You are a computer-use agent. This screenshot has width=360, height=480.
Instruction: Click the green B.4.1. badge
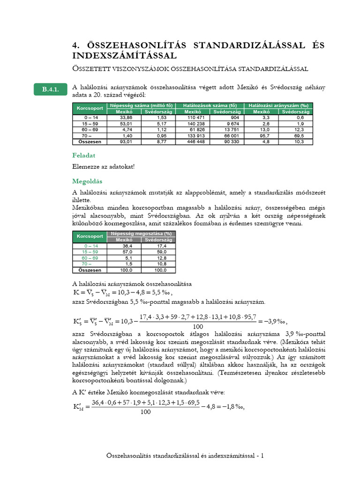50,90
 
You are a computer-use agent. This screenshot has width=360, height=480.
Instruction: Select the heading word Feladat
84,155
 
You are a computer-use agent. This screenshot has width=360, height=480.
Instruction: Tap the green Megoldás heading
87,181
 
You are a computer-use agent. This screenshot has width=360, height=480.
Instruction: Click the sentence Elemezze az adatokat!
104,166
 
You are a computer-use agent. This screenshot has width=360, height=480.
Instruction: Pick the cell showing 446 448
195,141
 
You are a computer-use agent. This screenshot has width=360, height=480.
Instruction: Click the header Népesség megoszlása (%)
141,233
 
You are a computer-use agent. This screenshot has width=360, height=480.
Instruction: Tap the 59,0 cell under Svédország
157,251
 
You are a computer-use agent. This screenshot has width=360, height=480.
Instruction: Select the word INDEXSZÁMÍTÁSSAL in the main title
124,56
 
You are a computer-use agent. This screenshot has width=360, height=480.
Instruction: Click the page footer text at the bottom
185,456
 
